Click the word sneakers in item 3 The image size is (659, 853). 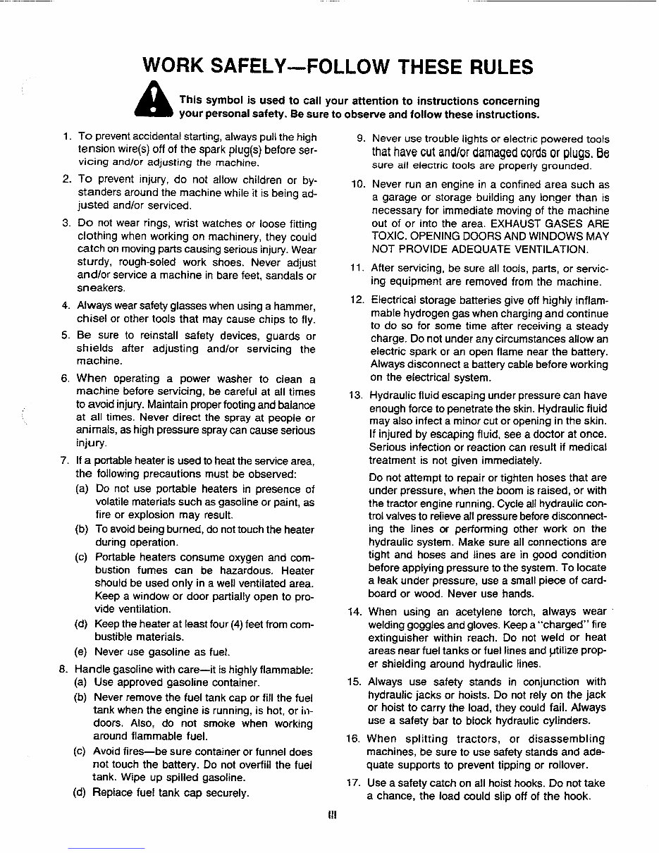pos(100,288)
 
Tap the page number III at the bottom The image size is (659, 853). pos(332,816)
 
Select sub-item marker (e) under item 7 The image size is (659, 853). pos(82,651)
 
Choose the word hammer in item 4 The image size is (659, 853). pos(293,306)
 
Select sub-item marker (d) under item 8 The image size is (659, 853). pos(82,792)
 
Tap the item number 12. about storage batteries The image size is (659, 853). pos(356,300)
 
